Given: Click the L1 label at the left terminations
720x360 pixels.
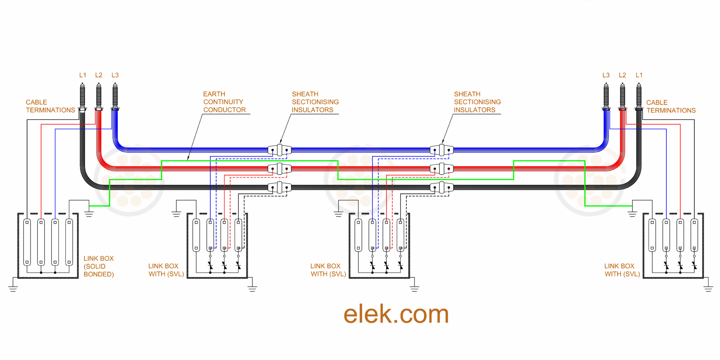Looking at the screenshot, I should tap(82, 75).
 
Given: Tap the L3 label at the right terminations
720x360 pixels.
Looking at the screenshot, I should tap(606, 75).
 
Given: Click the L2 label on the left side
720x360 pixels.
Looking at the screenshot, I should tap(99, 75).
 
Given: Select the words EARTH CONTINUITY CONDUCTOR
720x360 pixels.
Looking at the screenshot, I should tap(224, 102).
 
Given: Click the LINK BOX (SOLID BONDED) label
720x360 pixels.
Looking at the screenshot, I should tap(99, 266).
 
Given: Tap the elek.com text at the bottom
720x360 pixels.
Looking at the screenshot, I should tap(396, 314).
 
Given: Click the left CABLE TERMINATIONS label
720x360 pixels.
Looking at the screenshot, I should tap(50, 106).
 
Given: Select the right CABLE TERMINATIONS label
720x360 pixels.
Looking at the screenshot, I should tap(671, 106).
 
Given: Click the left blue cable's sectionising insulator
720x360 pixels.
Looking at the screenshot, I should tap(279, 150).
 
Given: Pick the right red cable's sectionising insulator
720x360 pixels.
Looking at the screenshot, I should tap(441, 169).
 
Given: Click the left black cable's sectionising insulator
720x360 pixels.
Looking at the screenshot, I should tap(279, 187).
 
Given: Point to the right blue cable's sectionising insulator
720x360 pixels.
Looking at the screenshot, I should tap(441, 150).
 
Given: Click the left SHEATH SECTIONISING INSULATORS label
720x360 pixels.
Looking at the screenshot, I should tap(315, 102).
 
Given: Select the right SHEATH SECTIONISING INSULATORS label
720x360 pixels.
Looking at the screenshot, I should tap(477, 102).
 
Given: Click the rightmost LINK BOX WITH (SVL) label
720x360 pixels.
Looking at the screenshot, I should tap(622, 270).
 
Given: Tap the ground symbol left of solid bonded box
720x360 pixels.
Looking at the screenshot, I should tap(13, 288).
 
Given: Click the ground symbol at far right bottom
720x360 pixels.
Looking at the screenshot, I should tap(708, 288).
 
